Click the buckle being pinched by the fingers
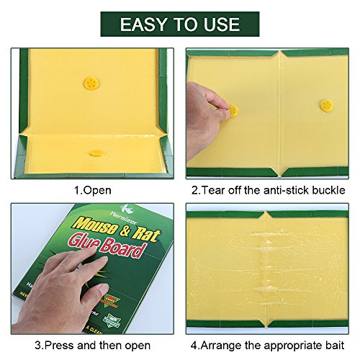coord(233,111)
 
